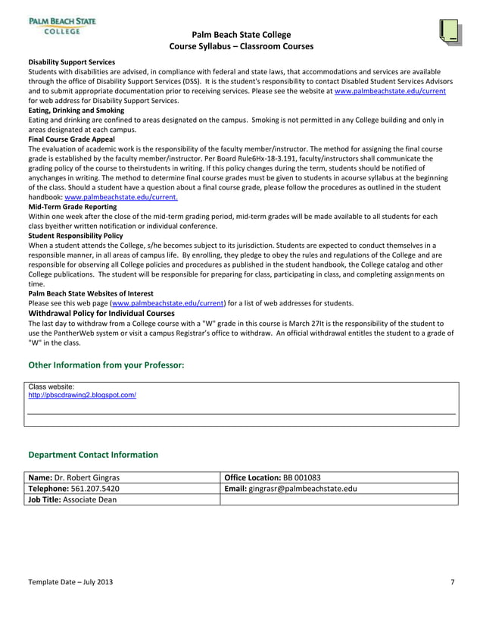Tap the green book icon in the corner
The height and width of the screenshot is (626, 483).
pyautogui.click(x=449, y=30)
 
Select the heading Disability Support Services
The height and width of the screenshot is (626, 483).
pyautogui.click(x=71, y=61)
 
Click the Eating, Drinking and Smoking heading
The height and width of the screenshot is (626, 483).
pyautogui.click(x=76, y=110)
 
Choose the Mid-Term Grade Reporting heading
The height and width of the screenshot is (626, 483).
pyautogui.click(x=73, y=206)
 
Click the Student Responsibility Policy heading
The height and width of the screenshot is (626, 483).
pyautogui.click(x=76, y=236)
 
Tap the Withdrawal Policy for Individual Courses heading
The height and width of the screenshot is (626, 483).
pyautogui.click(x=101, y=312)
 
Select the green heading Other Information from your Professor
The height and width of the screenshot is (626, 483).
pyautogui.click(x=106, y=365)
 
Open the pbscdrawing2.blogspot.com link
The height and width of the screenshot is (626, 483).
pyautogui.click(x=82, y=396)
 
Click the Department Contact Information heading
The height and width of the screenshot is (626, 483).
pyautogui.click(x=93, y=455)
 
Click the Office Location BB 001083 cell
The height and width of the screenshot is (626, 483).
pyautogui.click(x=273, y=477)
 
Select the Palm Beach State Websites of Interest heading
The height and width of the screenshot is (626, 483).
pyautogui.click(x=91, y=293)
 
